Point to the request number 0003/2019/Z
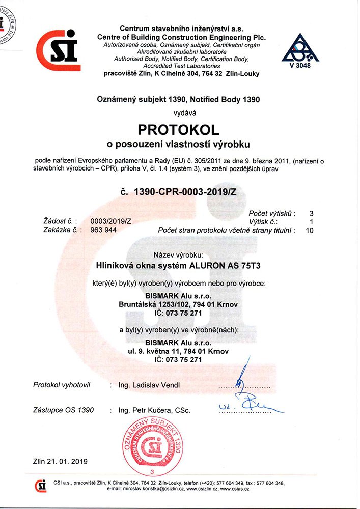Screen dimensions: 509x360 coord(110,221)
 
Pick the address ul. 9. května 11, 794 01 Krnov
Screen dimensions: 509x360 coord(178,351)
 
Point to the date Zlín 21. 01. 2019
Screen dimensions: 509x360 coord(60,461)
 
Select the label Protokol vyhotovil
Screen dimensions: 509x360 coord(61,385)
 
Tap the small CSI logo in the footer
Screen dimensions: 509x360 coord(41,486)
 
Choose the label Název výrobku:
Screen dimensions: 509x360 coord(178,254)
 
